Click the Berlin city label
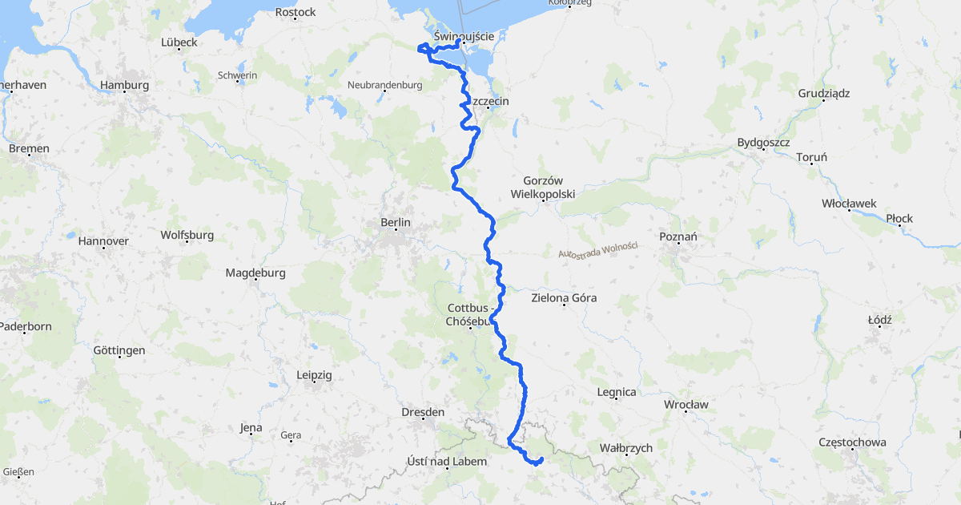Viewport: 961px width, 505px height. point(396,222)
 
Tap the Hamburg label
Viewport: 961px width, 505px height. point(124,85)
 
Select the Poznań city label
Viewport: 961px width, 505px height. point(678,236)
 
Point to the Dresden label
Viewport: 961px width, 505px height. point(422,412)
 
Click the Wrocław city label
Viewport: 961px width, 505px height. point(686,405)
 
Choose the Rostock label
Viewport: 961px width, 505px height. point(296,12)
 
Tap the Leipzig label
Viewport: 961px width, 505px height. point(314,374)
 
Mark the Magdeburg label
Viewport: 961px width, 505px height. point(255,273)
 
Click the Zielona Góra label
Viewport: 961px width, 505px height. point(564,298)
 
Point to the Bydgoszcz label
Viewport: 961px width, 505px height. point(763,143)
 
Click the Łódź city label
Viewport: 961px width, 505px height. point(879,320)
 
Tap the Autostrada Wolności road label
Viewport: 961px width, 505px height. point(597,250)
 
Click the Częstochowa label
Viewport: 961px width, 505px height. point(852,442)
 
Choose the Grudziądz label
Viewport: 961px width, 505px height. point(823,93)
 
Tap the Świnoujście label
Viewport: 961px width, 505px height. point(468,36)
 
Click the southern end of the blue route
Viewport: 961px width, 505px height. point(542,459)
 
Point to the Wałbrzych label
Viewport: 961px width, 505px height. point(625,448)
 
